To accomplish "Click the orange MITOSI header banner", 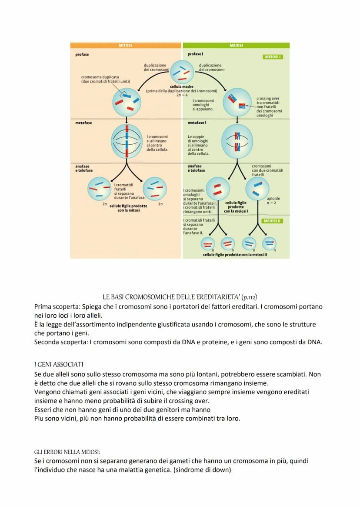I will click(125, 45).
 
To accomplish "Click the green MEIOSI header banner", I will click(236, 45).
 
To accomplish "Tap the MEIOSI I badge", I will click(273, 57).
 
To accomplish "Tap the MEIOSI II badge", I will click(273, 221).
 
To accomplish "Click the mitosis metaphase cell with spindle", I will click(126, 142).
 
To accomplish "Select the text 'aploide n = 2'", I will click(273, 200).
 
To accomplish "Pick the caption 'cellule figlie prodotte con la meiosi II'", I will click(235, 255).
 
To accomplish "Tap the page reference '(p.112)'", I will click(249, 297).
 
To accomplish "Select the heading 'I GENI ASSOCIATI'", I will click(53, 363).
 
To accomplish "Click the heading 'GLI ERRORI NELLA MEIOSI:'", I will click(67, 452).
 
